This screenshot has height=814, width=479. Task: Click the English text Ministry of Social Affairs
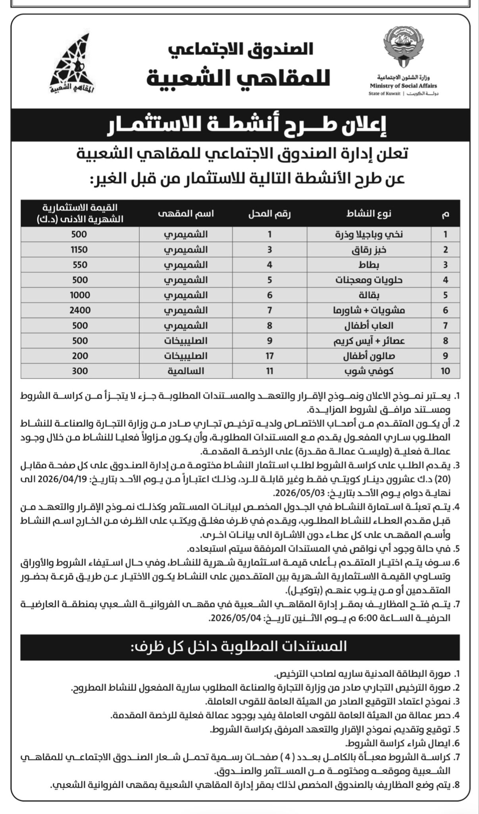403,85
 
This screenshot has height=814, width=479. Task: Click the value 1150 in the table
79,250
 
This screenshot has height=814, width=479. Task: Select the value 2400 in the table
80,310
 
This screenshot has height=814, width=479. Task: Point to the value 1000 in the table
80,295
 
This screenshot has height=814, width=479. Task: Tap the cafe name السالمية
187,371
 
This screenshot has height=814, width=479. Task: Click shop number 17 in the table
270,356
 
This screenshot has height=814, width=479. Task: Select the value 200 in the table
80,356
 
